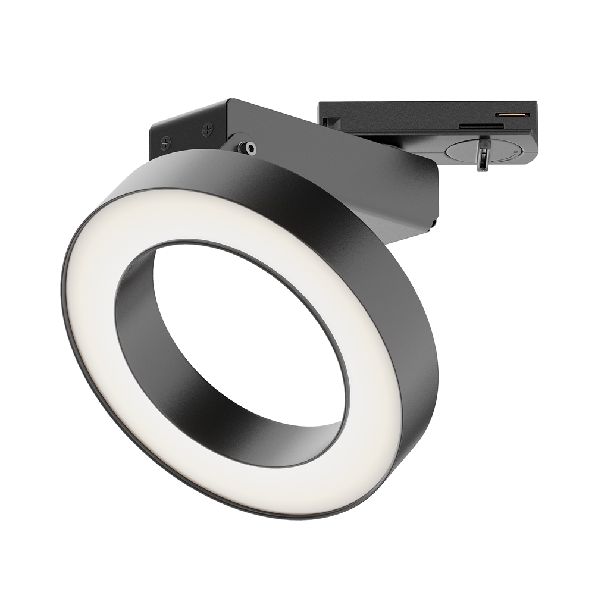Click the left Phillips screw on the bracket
coord(166,142)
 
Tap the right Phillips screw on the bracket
coord(207,128)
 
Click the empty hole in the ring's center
coord(250,333)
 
